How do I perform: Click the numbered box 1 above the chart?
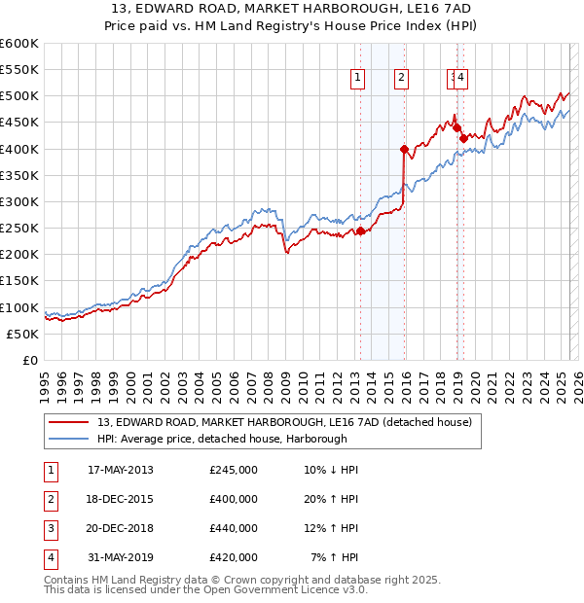click(x=357, y=79)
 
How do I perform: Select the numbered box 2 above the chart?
click(x=401, y=79)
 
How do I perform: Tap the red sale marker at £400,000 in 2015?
click(x=404, y=149)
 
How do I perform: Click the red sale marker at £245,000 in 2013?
click(x=360, y=231)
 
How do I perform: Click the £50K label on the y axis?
click(x=22, y=334)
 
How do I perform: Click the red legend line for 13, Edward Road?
click(x=68, y=422)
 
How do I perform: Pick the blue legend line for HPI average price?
click(x=68, y=438)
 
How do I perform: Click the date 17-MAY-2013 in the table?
click(x=121, y=470)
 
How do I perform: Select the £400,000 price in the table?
click(x=234, y=499)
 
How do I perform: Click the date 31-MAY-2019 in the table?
click(x=121, y=557)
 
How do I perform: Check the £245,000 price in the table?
click(x=234, y=470)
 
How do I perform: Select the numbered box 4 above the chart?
click(x=461, y=79)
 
